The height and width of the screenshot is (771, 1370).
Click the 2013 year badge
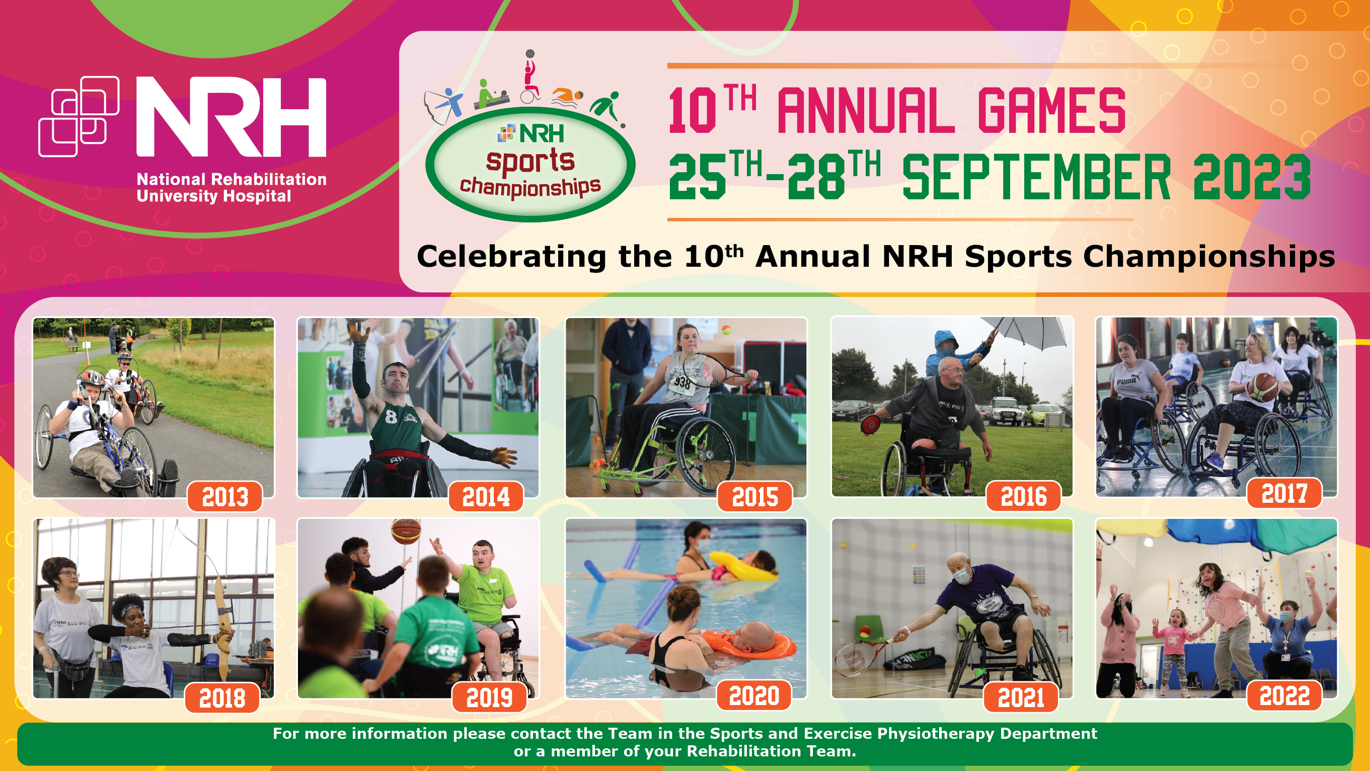pos(225,497)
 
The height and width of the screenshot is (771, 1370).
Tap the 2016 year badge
pos(1024,496)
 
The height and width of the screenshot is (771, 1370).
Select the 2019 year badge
pos(489,697)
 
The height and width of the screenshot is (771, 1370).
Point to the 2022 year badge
pos(1284,696)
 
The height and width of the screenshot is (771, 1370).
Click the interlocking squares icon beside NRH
pos(79,116)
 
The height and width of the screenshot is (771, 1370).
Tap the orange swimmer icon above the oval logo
pos(567,97)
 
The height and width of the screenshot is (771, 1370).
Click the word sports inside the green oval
pos(530,161)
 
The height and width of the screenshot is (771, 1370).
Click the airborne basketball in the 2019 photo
pos(406,530)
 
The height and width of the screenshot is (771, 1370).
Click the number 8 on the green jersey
pos(391,416)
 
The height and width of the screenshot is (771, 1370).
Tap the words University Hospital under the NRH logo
pos(214,196)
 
